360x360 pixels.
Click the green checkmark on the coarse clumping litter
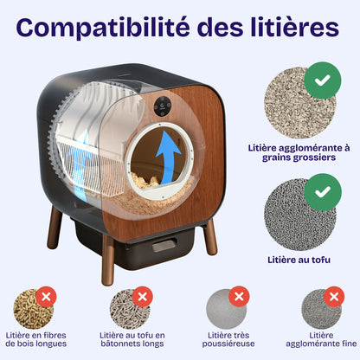[x=322, y=80]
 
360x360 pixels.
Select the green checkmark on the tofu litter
[x=322, y=189]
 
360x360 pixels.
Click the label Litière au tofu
[x=300, y=258]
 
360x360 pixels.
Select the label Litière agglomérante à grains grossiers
[x=300, y=154]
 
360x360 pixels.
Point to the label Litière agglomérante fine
[x=321, y=341]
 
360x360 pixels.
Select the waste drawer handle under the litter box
[x=164, y=246]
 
